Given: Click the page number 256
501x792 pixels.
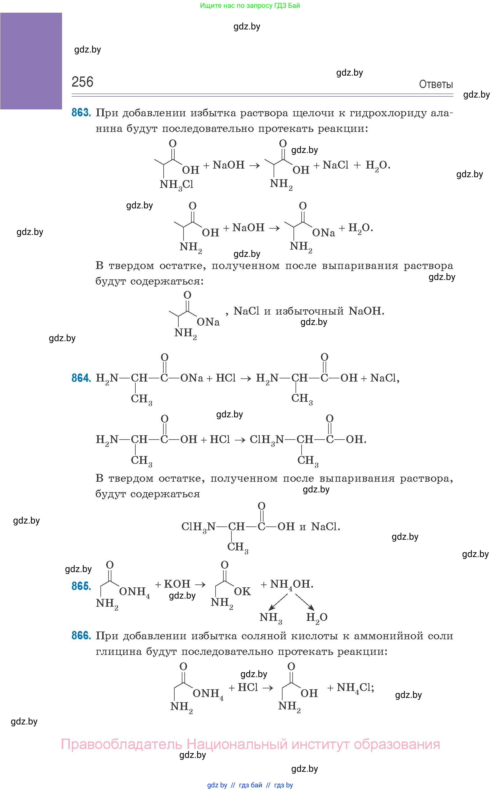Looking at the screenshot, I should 82,82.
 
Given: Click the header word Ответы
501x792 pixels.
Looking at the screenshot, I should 435,85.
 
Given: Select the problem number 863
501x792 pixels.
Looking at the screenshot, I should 81,113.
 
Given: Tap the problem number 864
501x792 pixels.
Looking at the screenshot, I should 81,378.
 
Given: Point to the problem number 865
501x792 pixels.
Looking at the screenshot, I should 81,586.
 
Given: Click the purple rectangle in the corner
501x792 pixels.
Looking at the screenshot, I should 31,61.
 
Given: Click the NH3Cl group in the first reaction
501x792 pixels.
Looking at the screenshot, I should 176,185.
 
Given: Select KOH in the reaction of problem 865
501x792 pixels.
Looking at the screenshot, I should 177,584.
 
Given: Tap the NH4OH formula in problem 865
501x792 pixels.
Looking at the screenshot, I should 291,584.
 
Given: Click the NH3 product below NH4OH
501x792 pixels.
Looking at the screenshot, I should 270,617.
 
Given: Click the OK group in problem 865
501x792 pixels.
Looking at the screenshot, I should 242,591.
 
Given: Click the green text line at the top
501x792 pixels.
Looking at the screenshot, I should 250,5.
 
